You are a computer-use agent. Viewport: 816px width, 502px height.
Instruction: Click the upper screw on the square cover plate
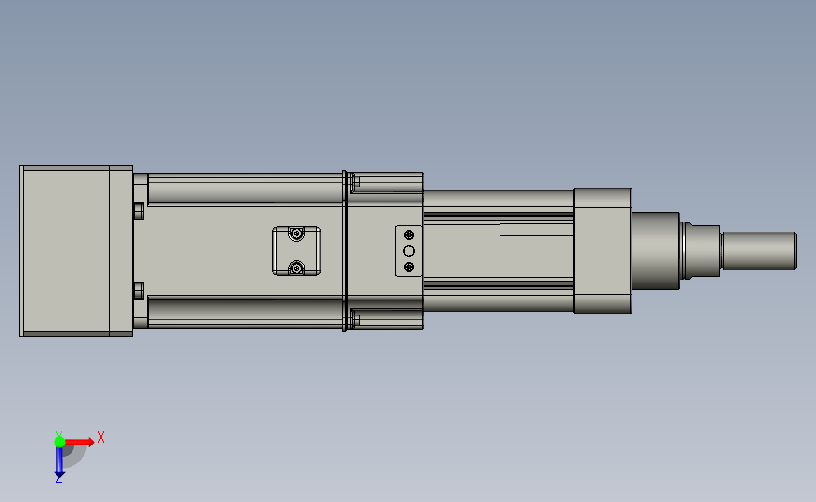pos(296,235)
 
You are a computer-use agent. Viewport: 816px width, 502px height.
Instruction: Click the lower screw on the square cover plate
pos(296,267)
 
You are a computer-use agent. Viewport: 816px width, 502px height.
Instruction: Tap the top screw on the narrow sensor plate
pos(409,235)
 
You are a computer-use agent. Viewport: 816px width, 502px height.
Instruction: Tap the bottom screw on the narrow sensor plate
pos(409,267)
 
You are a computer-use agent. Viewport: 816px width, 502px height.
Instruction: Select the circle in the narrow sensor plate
pos(409,251)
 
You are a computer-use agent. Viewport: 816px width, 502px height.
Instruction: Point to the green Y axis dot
pos(59,442)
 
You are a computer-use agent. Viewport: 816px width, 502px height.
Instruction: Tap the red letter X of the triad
pos(101,437)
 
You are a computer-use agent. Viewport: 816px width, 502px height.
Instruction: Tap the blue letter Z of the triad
pos(58,480)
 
